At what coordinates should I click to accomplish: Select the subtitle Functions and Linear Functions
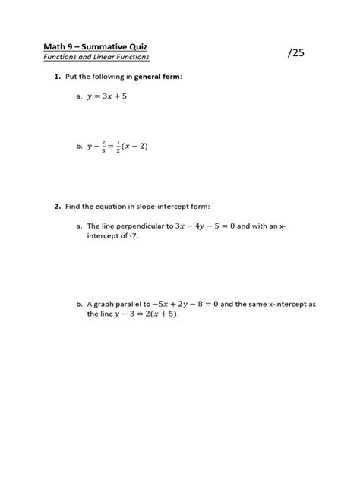click(x=96, y=57)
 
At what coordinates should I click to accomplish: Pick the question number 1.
click(x=57, y=77)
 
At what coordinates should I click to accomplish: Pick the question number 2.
click(x=57, y=206)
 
